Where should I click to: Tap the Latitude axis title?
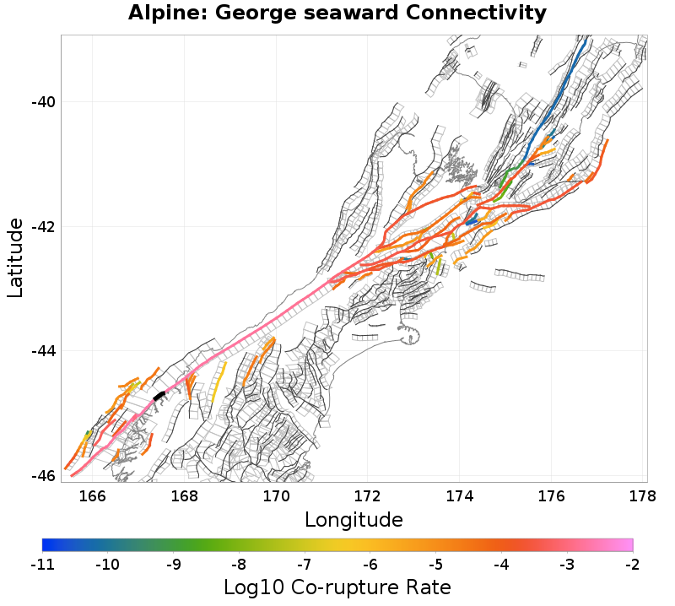point(15,257)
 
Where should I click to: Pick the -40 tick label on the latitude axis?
point(42,102)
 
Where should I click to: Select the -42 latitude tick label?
point(42,227)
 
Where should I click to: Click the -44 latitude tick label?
point(42,351)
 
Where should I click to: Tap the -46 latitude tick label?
point(42,475)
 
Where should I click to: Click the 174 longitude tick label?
point(460,495)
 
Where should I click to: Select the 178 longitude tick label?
point(643,495)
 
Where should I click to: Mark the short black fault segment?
point(159,395)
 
